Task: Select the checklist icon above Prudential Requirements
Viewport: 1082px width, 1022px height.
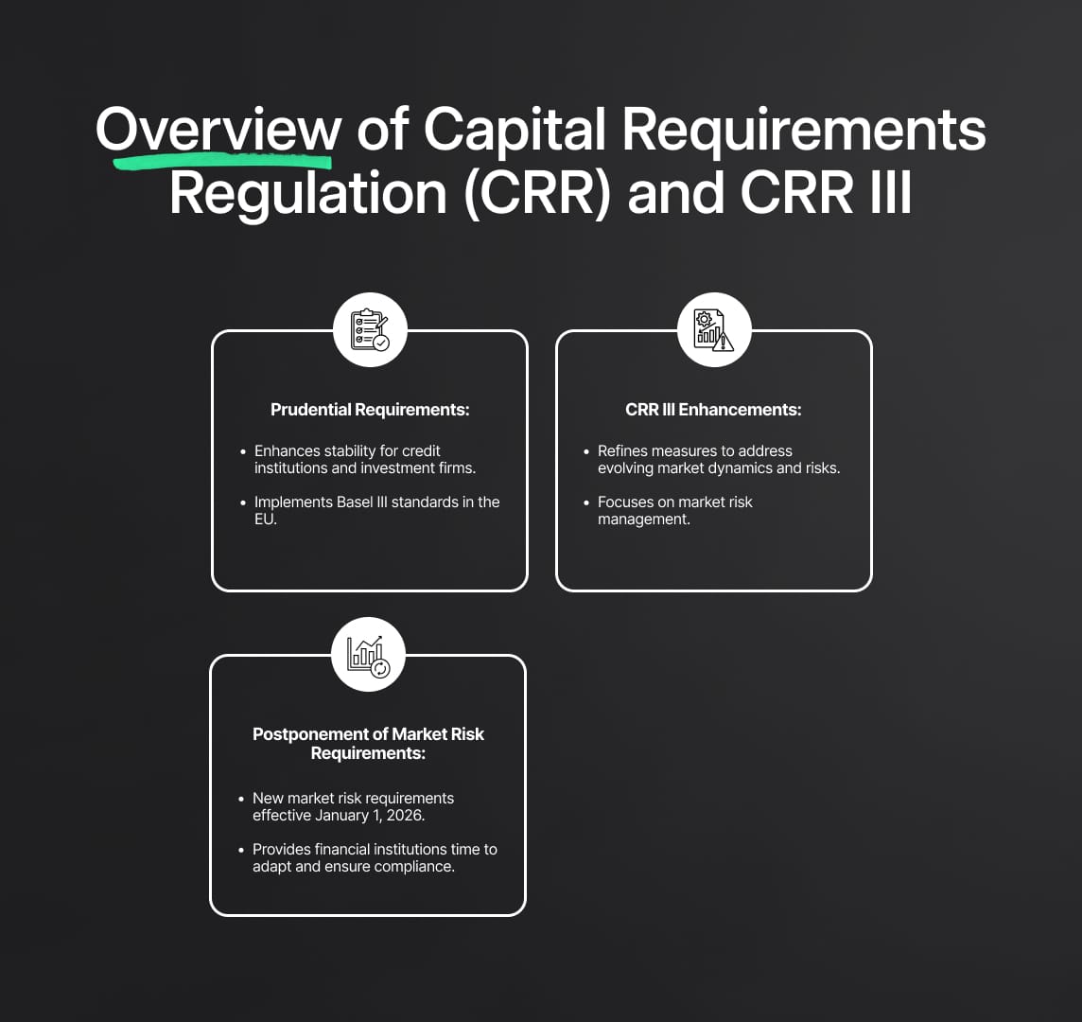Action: point(370,330)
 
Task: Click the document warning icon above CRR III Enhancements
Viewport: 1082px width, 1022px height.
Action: point(714,330)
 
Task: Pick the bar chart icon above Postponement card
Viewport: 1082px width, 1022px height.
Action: point(368,655)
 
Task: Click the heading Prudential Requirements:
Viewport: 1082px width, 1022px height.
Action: point(370,410)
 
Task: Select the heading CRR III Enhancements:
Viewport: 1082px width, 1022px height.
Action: point(713,410)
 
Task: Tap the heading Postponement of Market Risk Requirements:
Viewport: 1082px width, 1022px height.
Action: point(368,744)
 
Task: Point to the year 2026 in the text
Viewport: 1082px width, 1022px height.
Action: point(405,816)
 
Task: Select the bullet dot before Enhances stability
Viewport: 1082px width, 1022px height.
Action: point(243,452)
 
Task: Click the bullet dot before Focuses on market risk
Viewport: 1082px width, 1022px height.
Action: point(586,502)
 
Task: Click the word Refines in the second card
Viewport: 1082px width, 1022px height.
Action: point(622,451)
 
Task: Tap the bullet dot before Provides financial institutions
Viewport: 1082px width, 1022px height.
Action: point(241,851)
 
